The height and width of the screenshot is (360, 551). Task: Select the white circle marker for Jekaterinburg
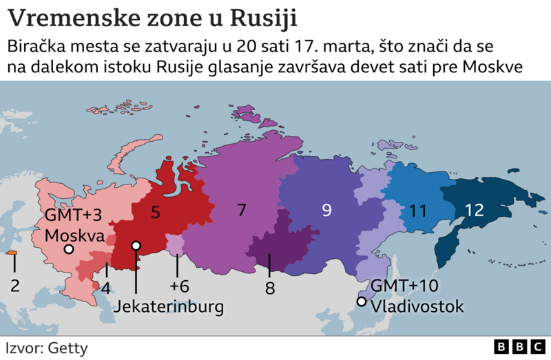[x=136, y=246]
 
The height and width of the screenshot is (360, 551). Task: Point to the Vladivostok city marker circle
[x=361, y=301]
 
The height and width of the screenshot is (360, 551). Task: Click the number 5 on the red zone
[x=156, y=213]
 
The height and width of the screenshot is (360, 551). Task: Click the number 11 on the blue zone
[x=417, y=211]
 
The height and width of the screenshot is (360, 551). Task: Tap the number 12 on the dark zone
[x=474, y=211]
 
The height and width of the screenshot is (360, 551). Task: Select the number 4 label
[x=105, y=288]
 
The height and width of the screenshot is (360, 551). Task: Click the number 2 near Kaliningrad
[x=14, y=284]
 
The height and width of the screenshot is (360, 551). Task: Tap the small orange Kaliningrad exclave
[x=12, y=254]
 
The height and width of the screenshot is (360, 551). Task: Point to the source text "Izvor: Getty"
[x=47, y=348]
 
